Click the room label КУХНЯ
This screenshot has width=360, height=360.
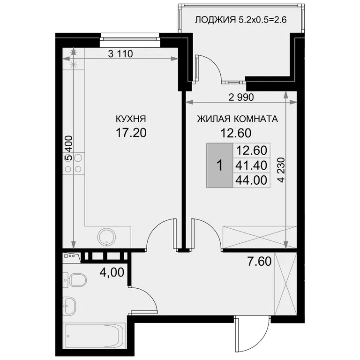point(131,119)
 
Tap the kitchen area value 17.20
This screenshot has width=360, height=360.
point(131,133)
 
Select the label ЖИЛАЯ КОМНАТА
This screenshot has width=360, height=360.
point(237,119)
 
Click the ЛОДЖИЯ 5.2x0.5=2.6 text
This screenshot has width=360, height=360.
point(240,20)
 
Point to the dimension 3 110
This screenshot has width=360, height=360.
point(120,54)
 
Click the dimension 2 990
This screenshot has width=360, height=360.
point(241,97)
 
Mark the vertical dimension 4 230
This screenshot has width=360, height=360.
point(281,170)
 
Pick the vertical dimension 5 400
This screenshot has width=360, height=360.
point(68,148)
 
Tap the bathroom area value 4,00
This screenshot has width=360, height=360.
point(112,272)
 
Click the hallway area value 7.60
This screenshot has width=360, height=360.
point(259,262)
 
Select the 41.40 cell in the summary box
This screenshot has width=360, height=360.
point(251,165)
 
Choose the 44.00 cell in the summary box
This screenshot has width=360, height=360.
point(251,180)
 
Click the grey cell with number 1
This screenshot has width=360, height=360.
point(220,165)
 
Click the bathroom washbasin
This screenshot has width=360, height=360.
point(69,306)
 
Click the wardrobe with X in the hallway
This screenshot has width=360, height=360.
point(285,284)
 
